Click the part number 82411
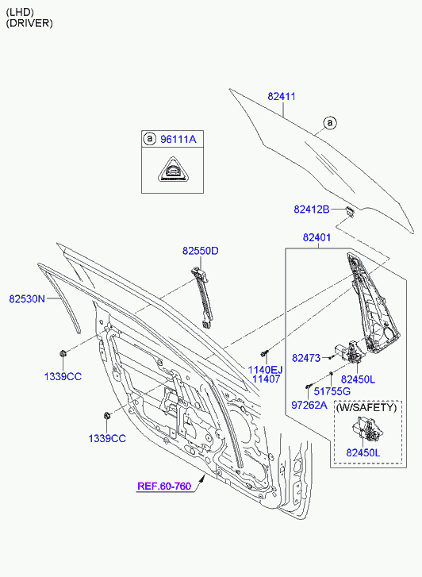coord(282,96)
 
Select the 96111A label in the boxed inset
coord(178,139)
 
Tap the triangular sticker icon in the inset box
coord(173,169)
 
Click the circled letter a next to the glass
coord(330,122)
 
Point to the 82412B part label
coord(312,210)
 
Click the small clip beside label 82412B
coord(349,212)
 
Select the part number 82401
coord(316,238)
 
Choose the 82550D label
coord(201,251)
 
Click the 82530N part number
coord(27,298)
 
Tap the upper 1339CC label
coord(63,377)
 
